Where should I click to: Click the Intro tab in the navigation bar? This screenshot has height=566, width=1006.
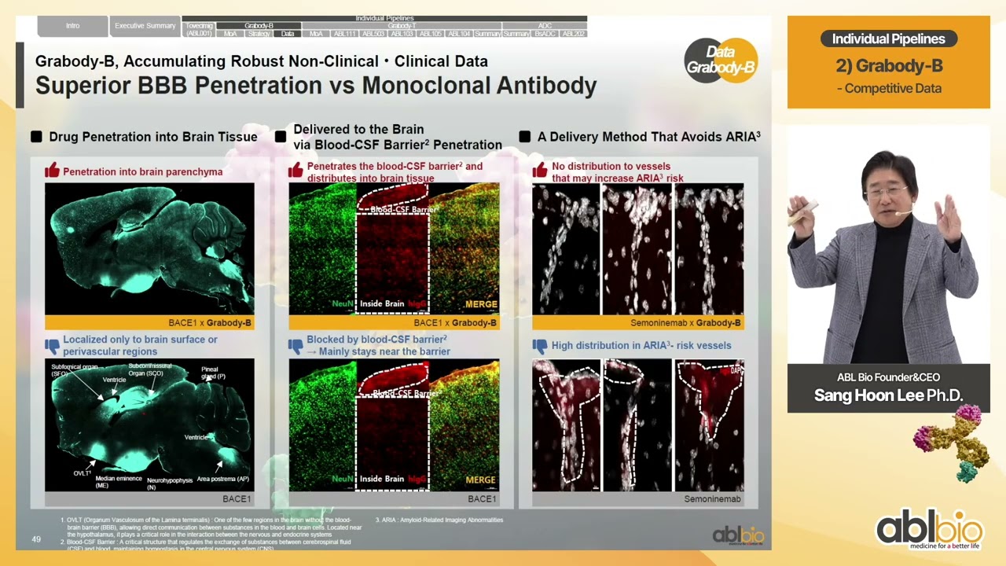[x=72, y=26]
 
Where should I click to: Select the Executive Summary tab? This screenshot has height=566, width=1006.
[x=145, y=26]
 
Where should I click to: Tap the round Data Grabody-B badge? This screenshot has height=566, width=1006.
[x=721, y=60]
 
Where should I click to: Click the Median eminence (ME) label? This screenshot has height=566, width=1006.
[x=119, y=482]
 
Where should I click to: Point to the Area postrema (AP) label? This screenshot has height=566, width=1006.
[x=223, y=479]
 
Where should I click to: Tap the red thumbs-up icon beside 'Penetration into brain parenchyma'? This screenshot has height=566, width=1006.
[x=53, y=171]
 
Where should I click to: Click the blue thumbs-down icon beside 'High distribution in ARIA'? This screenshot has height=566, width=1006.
[x=540, y=345]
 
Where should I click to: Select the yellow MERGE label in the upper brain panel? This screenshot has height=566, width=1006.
[x=481, y=304]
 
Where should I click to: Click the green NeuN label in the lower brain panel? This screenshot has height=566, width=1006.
[x=343, y=479]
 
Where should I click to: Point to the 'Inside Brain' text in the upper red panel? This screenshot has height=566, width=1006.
[x=382, y=304]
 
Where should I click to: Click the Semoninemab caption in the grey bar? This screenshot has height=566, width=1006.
[x=712, y=498]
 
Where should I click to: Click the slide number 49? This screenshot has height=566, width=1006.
[x=36, y=539]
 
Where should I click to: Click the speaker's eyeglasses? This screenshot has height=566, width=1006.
[x=886, y=191]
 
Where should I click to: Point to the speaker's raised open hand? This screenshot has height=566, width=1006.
[x=949, y=216]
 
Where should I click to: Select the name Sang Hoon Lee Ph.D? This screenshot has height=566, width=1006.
[x=888, y=395]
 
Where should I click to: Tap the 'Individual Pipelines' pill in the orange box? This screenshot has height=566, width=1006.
[x=888, y=39]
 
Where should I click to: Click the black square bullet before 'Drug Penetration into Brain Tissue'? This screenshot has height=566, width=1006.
[x=36, y=137]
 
